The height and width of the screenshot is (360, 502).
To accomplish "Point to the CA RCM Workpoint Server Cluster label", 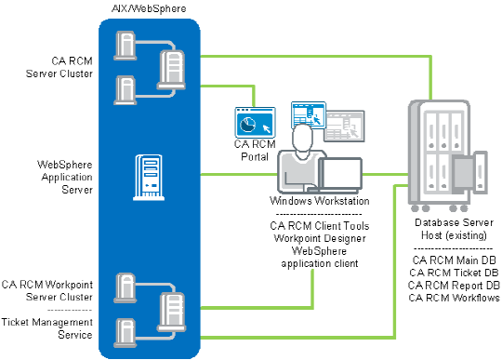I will coord(46,289).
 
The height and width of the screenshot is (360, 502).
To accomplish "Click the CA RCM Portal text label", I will coord(252,150).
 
